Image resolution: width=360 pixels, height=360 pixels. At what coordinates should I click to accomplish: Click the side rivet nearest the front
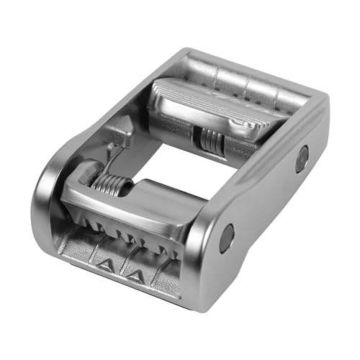pyautogui.click(x=226, y=238)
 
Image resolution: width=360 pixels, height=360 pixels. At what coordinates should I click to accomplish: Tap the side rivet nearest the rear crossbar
pyautogui.click(x=301, y=158)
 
